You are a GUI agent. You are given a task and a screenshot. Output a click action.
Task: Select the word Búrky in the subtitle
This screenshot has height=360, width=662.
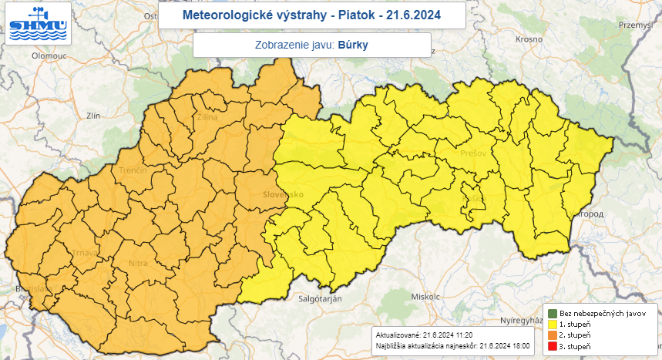click(353, 45)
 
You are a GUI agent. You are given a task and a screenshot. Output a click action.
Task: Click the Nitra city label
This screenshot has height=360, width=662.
click(138, 264)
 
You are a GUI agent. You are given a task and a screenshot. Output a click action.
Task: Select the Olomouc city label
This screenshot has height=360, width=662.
click(50, 56)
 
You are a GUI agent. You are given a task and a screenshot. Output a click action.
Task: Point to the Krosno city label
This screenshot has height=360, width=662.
click(530, 39)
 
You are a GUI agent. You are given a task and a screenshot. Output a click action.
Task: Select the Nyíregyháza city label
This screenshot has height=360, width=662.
click(523, 318)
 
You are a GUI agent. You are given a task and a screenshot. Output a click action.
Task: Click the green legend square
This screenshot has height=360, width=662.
click(553, 314)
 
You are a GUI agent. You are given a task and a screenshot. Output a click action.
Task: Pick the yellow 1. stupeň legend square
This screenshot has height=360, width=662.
click(553, 325)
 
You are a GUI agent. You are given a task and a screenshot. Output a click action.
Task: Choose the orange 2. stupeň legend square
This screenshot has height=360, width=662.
click(553, 336)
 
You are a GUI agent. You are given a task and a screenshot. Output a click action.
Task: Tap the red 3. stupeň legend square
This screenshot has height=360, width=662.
click(553, 347)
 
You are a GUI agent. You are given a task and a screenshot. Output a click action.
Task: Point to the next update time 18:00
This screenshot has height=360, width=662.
click(516, 345)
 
